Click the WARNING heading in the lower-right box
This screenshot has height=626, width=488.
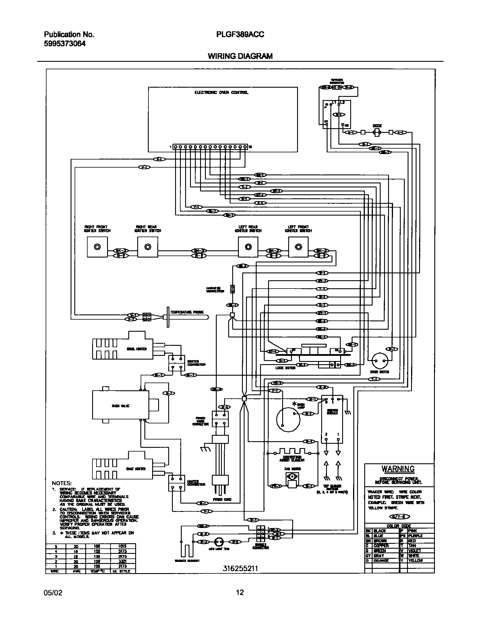point(398,469)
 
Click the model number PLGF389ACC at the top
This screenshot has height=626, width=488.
point(240,35)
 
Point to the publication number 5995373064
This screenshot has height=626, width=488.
point(65,44)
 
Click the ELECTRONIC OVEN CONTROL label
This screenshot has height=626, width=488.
point(221,93)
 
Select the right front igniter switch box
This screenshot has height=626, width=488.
point(97,247)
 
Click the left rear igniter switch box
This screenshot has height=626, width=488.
point(248,247)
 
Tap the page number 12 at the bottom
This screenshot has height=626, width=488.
point(240,592)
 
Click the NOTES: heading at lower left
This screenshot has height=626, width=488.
point(62,483)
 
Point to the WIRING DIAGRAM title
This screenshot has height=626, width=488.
point(240,56)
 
